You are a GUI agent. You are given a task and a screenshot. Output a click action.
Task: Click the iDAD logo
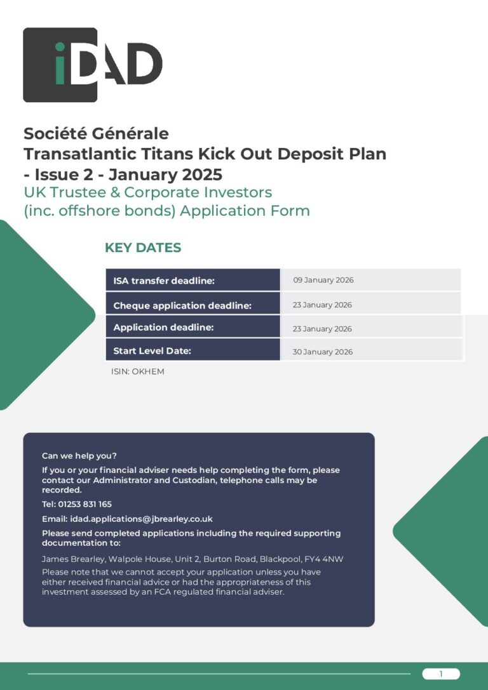92,65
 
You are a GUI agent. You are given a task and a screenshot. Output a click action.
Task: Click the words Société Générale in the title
96,134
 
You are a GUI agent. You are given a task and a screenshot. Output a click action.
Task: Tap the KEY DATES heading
142,248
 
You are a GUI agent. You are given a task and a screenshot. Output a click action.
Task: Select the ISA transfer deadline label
164,281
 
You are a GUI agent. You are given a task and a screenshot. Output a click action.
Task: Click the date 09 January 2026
323,280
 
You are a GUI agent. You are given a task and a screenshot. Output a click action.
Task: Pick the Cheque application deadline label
182,305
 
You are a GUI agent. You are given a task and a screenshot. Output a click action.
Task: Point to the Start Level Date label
152,351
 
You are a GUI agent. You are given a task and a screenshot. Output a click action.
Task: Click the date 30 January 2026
322,352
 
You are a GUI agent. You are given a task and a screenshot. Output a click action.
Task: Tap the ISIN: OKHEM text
137,372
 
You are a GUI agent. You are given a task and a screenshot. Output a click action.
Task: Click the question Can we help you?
79,456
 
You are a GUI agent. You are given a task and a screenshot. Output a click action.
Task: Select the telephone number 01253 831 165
85,504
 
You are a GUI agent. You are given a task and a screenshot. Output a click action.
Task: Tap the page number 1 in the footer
440,674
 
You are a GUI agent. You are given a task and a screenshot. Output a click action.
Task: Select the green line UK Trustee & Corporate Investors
147,192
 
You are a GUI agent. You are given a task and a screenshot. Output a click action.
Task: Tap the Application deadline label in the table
163,328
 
